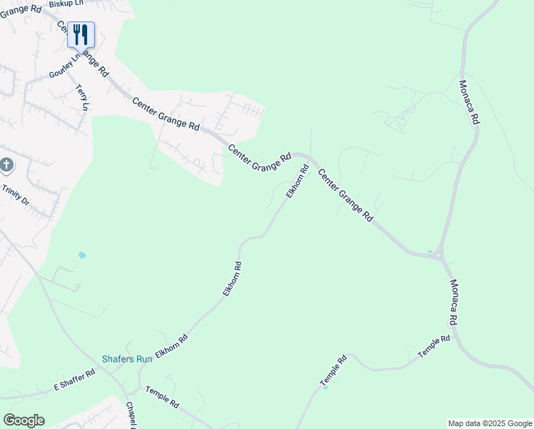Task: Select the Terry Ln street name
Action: pos(81,97)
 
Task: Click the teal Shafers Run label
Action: pos(127,359)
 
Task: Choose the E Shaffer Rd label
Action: pos(74,380)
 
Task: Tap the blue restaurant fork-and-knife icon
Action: pos(81,34)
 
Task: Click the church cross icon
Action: pos(6,166)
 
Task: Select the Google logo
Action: pos(24,420)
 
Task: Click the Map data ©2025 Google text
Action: pos(490,423)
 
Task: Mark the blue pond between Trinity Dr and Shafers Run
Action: pos(82,255)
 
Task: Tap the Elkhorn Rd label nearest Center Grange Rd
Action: pos(298,182)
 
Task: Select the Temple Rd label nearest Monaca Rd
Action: pos(434,346)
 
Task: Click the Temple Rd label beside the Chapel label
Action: pos(162,397)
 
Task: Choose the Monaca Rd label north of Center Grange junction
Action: pos(468,102)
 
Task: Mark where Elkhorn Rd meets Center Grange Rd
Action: pos(308,159)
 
